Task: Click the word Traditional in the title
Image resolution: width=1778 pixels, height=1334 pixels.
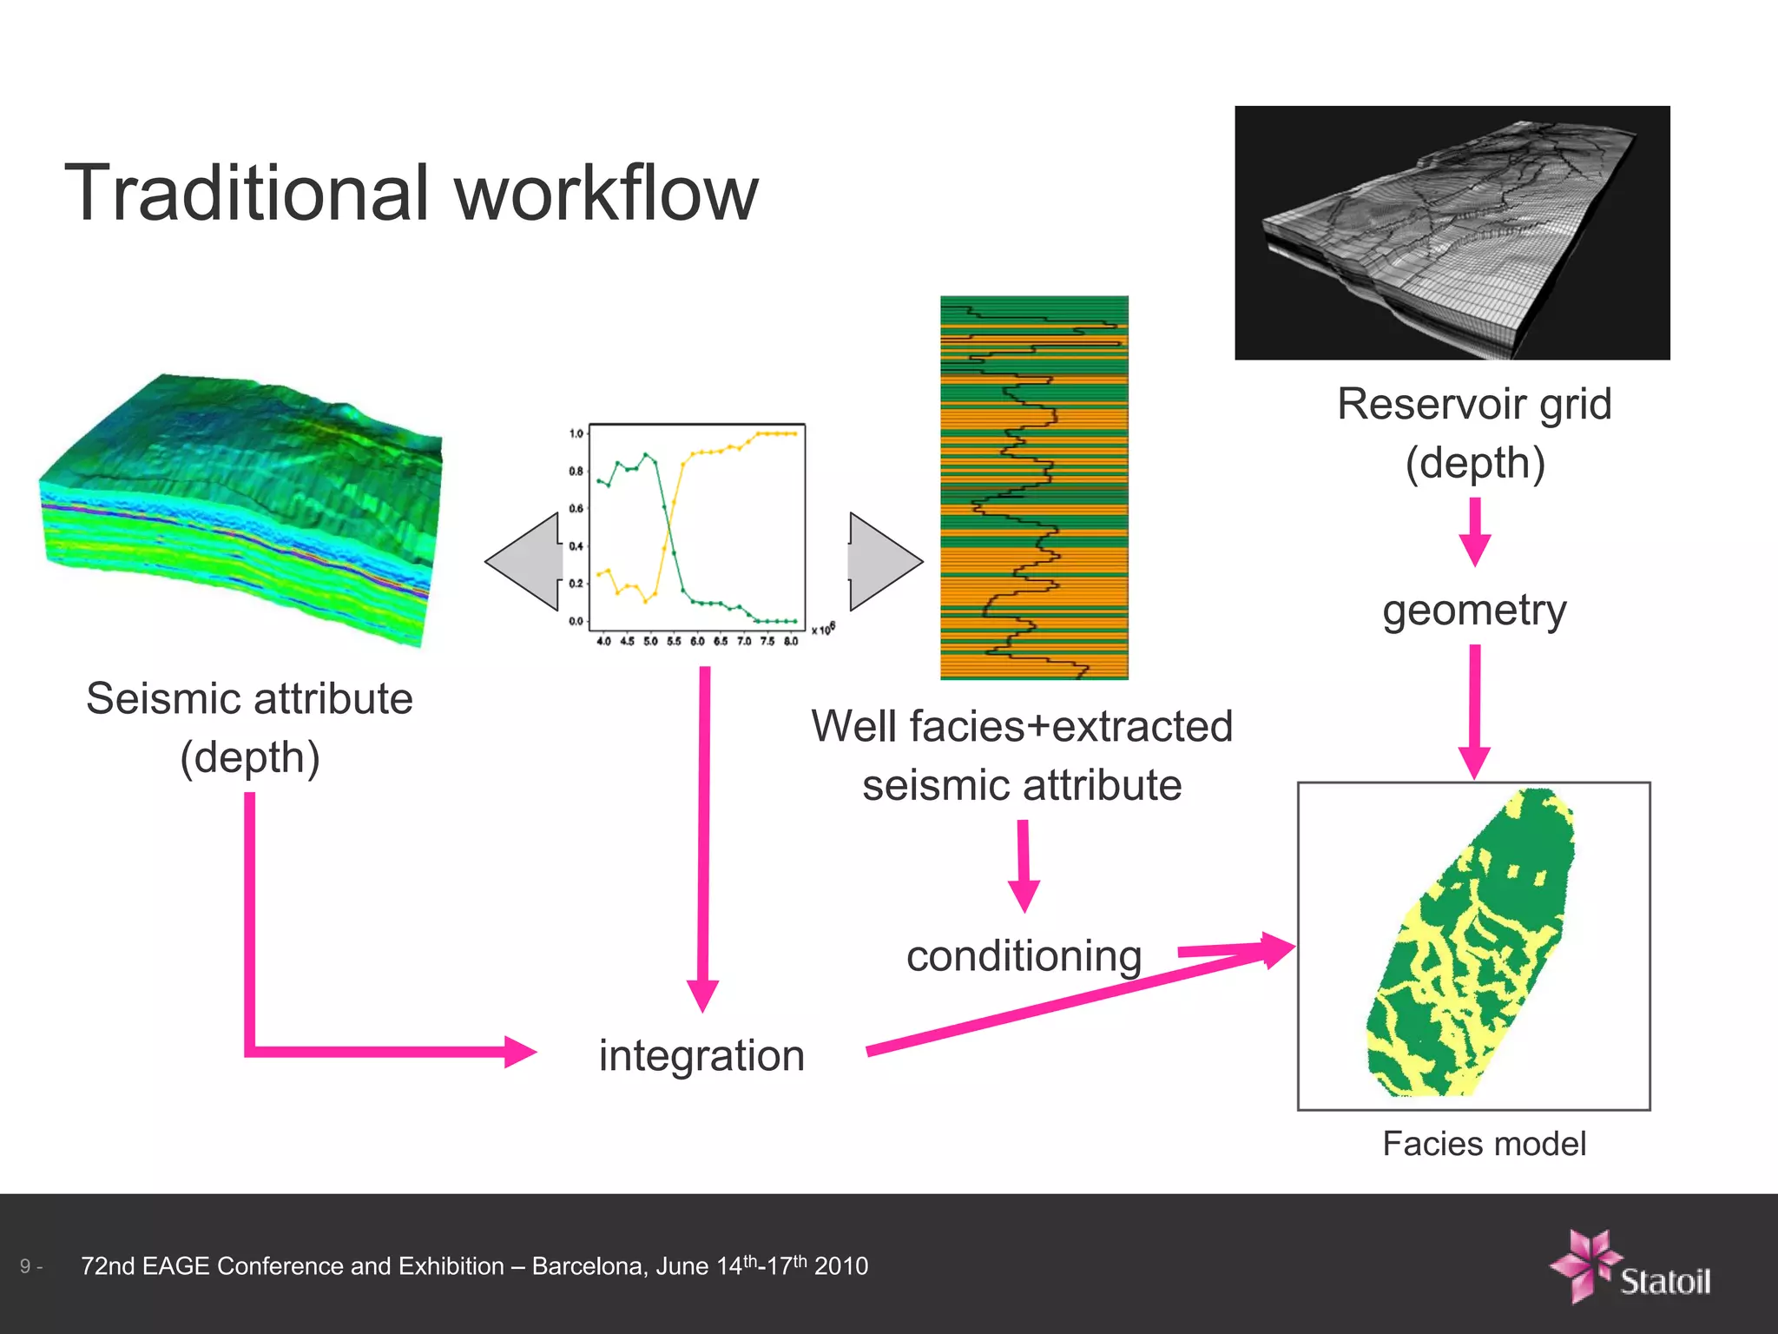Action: point(247,193)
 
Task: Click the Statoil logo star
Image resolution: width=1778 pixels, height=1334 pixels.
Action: point(1585,1265)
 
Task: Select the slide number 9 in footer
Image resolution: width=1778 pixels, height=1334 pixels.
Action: point(26,1266)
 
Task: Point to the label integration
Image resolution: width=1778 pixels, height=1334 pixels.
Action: point(701,1056)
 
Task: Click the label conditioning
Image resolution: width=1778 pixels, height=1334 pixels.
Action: point(1024,956)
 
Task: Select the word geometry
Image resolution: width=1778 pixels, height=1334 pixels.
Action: point(1474,611)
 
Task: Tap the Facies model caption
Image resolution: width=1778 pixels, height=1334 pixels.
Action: point(1484,1144)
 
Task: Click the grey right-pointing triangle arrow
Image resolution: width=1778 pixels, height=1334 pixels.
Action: point(883,562)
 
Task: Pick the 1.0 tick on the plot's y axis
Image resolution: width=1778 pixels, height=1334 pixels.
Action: point(576,433)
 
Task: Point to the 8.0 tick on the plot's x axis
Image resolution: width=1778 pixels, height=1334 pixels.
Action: point(790,642)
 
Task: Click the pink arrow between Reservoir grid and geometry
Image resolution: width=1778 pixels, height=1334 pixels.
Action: point(1474,532)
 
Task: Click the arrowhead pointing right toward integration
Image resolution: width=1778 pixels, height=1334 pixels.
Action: point(521,1052)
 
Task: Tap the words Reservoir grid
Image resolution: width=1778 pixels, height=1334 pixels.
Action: point(1474,405)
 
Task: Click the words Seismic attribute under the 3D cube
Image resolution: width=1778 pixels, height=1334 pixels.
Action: point(250,699)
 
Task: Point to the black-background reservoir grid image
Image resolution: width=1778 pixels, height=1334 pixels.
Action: point(1452,233)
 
